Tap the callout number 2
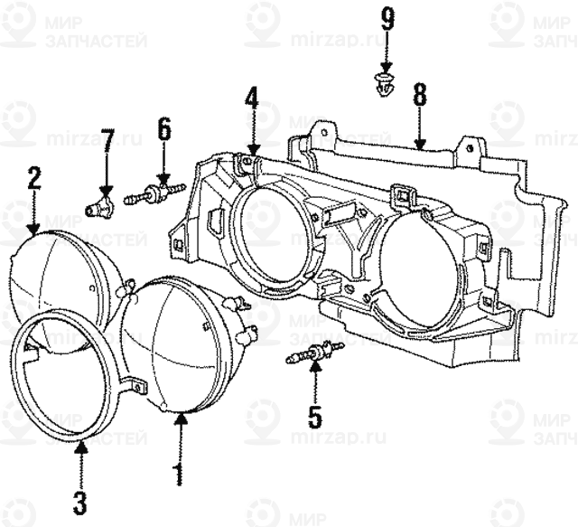tap(34, 177)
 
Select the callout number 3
tap(80, 500)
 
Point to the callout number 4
tap(252, 99)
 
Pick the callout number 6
tap(163, 128)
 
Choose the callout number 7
tap(107, 142)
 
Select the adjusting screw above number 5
tap(314, 355)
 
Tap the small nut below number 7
tap(102, 206)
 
